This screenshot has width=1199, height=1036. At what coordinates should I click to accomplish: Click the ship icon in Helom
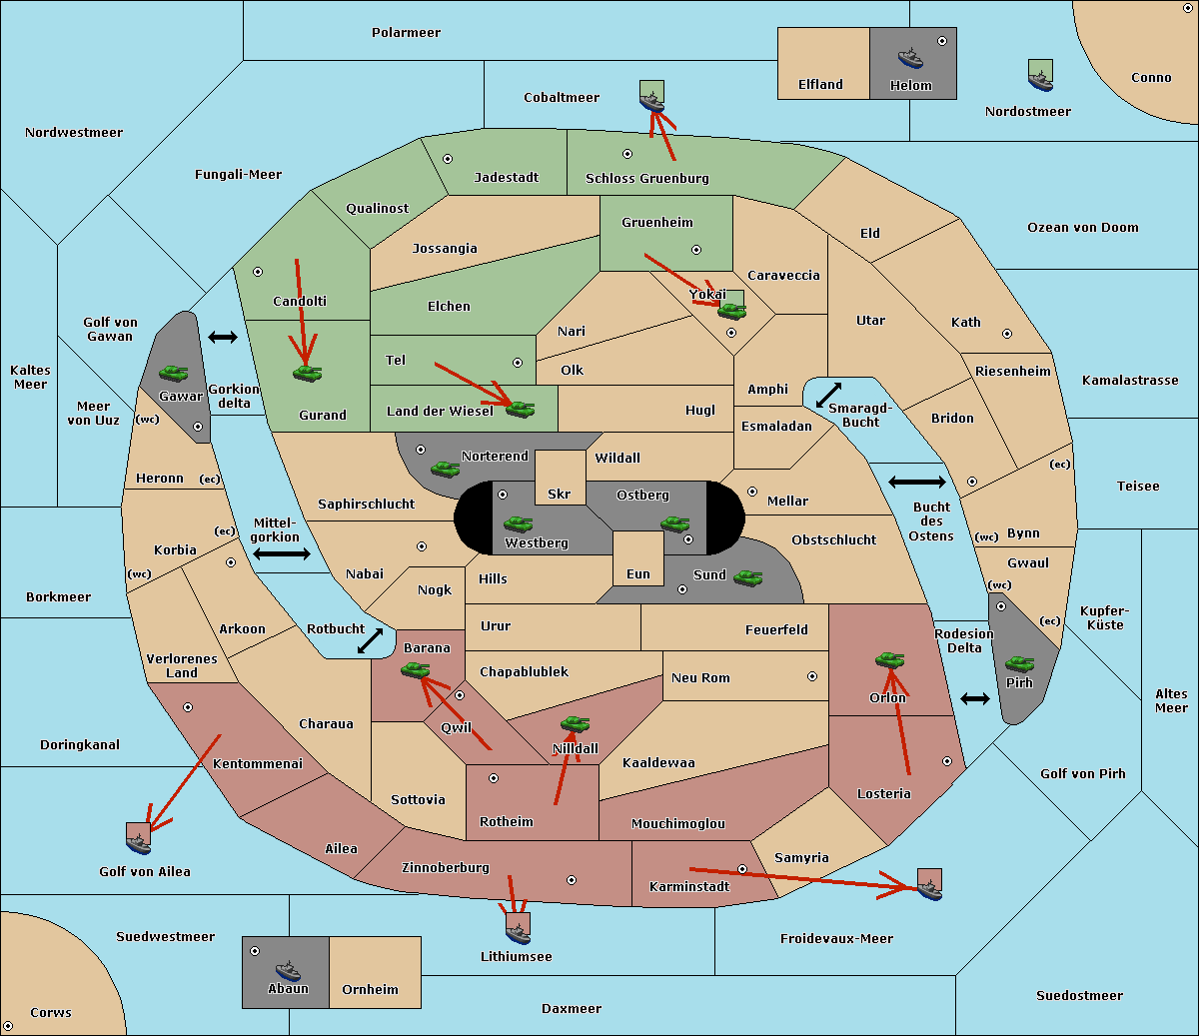910,58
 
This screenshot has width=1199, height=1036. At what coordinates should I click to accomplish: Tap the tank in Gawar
174,373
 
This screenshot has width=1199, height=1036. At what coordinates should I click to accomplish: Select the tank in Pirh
1019,663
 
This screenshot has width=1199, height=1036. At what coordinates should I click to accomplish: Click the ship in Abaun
288,970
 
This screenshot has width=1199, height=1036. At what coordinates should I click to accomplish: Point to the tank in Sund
747,577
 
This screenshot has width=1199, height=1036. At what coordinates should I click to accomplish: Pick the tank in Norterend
445,469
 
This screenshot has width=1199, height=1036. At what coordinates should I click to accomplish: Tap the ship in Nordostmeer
1041,81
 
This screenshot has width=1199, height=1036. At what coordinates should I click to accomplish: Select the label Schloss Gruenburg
646,178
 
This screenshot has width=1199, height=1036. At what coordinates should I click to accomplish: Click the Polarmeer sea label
406,33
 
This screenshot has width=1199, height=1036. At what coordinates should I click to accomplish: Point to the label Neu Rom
700,677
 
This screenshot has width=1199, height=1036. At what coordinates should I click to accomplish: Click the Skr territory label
559,494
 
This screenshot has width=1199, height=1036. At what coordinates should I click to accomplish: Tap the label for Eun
638,573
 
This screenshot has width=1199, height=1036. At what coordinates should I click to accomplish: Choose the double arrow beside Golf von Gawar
223,337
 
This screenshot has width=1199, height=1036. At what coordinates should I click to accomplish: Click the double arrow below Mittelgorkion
282,553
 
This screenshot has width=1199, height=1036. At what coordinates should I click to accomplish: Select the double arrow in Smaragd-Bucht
828,395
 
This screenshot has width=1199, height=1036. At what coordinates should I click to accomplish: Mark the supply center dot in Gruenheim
696,250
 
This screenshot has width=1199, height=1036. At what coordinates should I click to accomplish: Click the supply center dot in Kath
1007,334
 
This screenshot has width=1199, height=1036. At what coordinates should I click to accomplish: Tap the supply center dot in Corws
8,1026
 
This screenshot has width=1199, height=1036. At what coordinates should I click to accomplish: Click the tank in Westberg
518,523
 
